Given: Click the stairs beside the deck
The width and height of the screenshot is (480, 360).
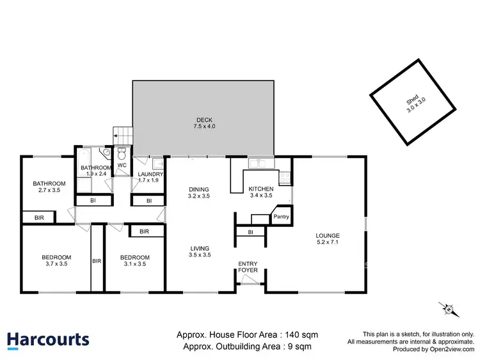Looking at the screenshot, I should tap(122, 136).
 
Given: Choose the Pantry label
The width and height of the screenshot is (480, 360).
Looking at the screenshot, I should tap(282, 217).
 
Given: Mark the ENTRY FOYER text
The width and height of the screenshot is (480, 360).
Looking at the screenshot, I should tap(248, 267).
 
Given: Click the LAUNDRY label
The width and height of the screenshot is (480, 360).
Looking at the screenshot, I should tap(151, 174).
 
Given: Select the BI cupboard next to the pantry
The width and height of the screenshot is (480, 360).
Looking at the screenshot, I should tap(250, 232).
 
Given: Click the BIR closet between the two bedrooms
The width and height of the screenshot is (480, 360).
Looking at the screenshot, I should tap(97, 261).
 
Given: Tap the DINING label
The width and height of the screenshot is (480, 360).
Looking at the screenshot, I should tap(198, 189).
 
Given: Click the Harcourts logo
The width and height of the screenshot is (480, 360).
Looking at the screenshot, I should tap(48, 339).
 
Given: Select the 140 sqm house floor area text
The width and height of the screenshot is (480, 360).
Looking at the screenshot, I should tap(246, 334).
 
